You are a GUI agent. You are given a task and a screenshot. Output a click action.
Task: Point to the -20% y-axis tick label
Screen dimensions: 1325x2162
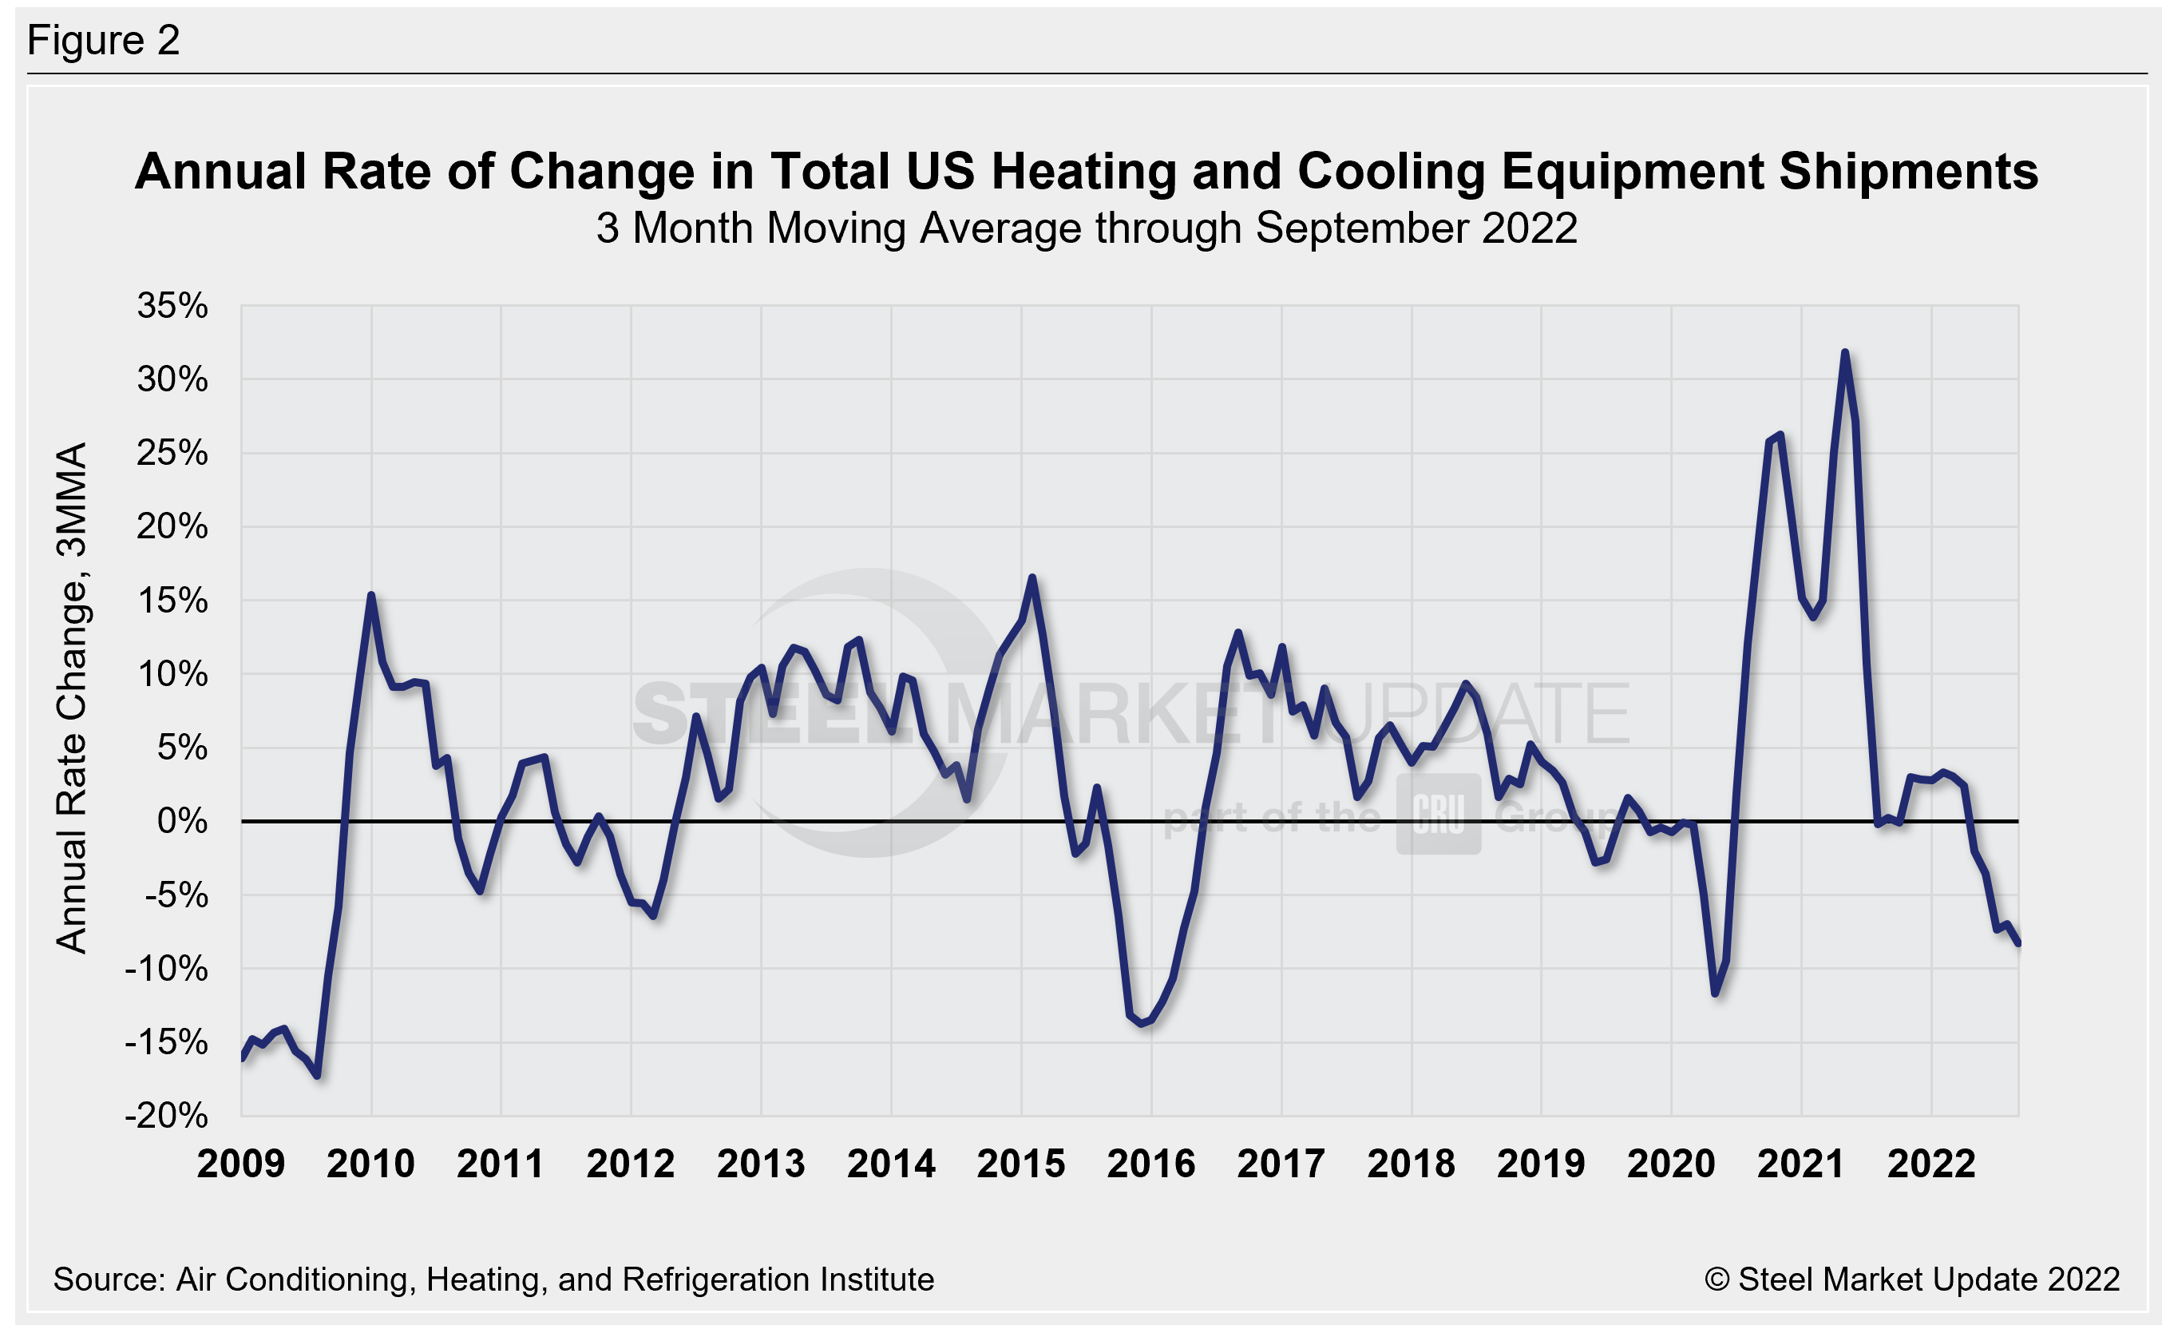167,1117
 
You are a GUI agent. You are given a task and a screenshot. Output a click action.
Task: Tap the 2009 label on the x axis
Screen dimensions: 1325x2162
240,1164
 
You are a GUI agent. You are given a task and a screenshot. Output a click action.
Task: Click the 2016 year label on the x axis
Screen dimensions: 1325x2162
1150,1164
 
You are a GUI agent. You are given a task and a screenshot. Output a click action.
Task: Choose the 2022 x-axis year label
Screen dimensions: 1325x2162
1930,1164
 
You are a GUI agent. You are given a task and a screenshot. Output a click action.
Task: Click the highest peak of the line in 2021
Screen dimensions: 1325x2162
1844,353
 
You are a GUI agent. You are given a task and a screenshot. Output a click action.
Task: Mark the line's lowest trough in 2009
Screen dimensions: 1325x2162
317,1076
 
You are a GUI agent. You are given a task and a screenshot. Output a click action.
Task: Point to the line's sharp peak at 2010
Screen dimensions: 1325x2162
371,596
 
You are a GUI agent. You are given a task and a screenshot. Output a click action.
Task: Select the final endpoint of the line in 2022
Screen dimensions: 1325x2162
2018,943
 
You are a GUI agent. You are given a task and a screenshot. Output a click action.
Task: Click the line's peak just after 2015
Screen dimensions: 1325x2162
1032,577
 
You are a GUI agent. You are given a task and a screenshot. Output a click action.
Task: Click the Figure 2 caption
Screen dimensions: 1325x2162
104,41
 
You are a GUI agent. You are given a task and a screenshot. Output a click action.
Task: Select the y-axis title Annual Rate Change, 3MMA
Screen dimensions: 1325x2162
72,697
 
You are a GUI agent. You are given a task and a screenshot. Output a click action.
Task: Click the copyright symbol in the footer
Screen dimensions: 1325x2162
1717,1279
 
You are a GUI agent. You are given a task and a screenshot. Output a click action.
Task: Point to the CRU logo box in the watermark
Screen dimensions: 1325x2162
1438,815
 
